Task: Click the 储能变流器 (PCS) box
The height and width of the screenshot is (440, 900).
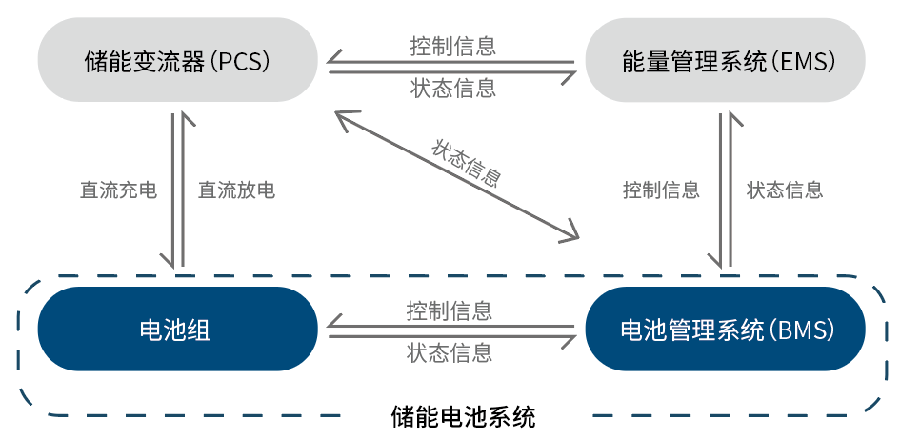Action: [177, 63]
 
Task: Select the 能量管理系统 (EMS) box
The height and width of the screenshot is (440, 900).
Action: [725, 63]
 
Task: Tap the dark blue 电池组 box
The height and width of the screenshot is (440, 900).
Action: [177, 330]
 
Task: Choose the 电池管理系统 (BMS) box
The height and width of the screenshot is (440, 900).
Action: [725, 330]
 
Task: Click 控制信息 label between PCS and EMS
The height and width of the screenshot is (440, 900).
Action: [452, 45]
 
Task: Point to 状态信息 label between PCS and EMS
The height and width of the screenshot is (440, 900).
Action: [452, 89]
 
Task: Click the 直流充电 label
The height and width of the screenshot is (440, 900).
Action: [117, 190]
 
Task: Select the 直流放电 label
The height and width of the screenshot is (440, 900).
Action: [236, 190]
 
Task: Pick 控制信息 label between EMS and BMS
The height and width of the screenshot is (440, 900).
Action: [661, 190]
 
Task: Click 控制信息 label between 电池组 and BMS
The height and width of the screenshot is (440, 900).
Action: [450, 310]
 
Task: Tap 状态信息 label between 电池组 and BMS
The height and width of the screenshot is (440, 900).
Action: [450, 353]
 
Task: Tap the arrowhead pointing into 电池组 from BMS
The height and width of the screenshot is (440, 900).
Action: [333, 329]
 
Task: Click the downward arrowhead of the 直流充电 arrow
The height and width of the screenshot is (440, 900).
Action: [172, 261]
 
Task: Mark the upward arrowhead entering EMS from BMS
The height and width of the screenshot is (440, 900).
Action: [731, 118]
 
